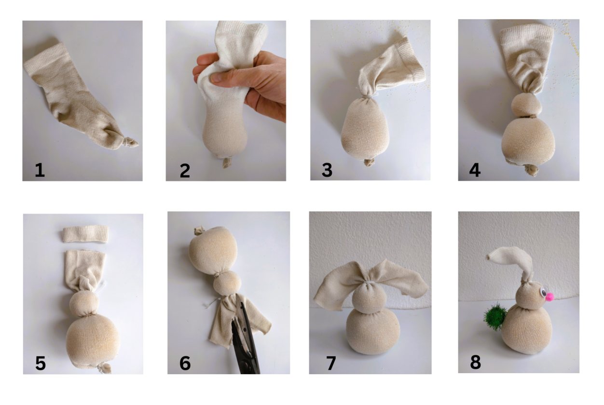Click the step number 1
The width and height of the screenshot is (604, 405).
(40, 170)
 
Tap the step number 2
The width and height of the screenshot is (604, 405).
(185, 171)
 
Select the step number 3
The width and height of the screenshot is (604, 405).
(327, 170)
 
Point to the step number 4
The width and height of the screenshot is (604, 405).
(475, 170)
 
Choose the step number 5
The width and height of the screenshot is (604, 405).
(41, 363)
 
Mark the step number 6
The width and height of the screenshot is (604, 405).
(185, 363)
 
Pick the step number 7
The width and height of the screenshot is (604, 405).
(331, 363)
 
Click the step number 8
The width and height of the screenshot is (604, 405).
(475, 362)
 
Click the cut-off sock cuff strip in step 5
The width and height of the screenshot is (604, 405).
(86, 234)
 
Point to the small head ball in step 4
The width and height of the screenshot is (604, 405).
(526, 105)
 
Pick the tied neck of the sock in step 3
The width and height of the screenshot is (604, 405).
(368, 96)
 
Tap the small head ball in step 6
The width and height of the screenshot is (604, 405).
(228, 283)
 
